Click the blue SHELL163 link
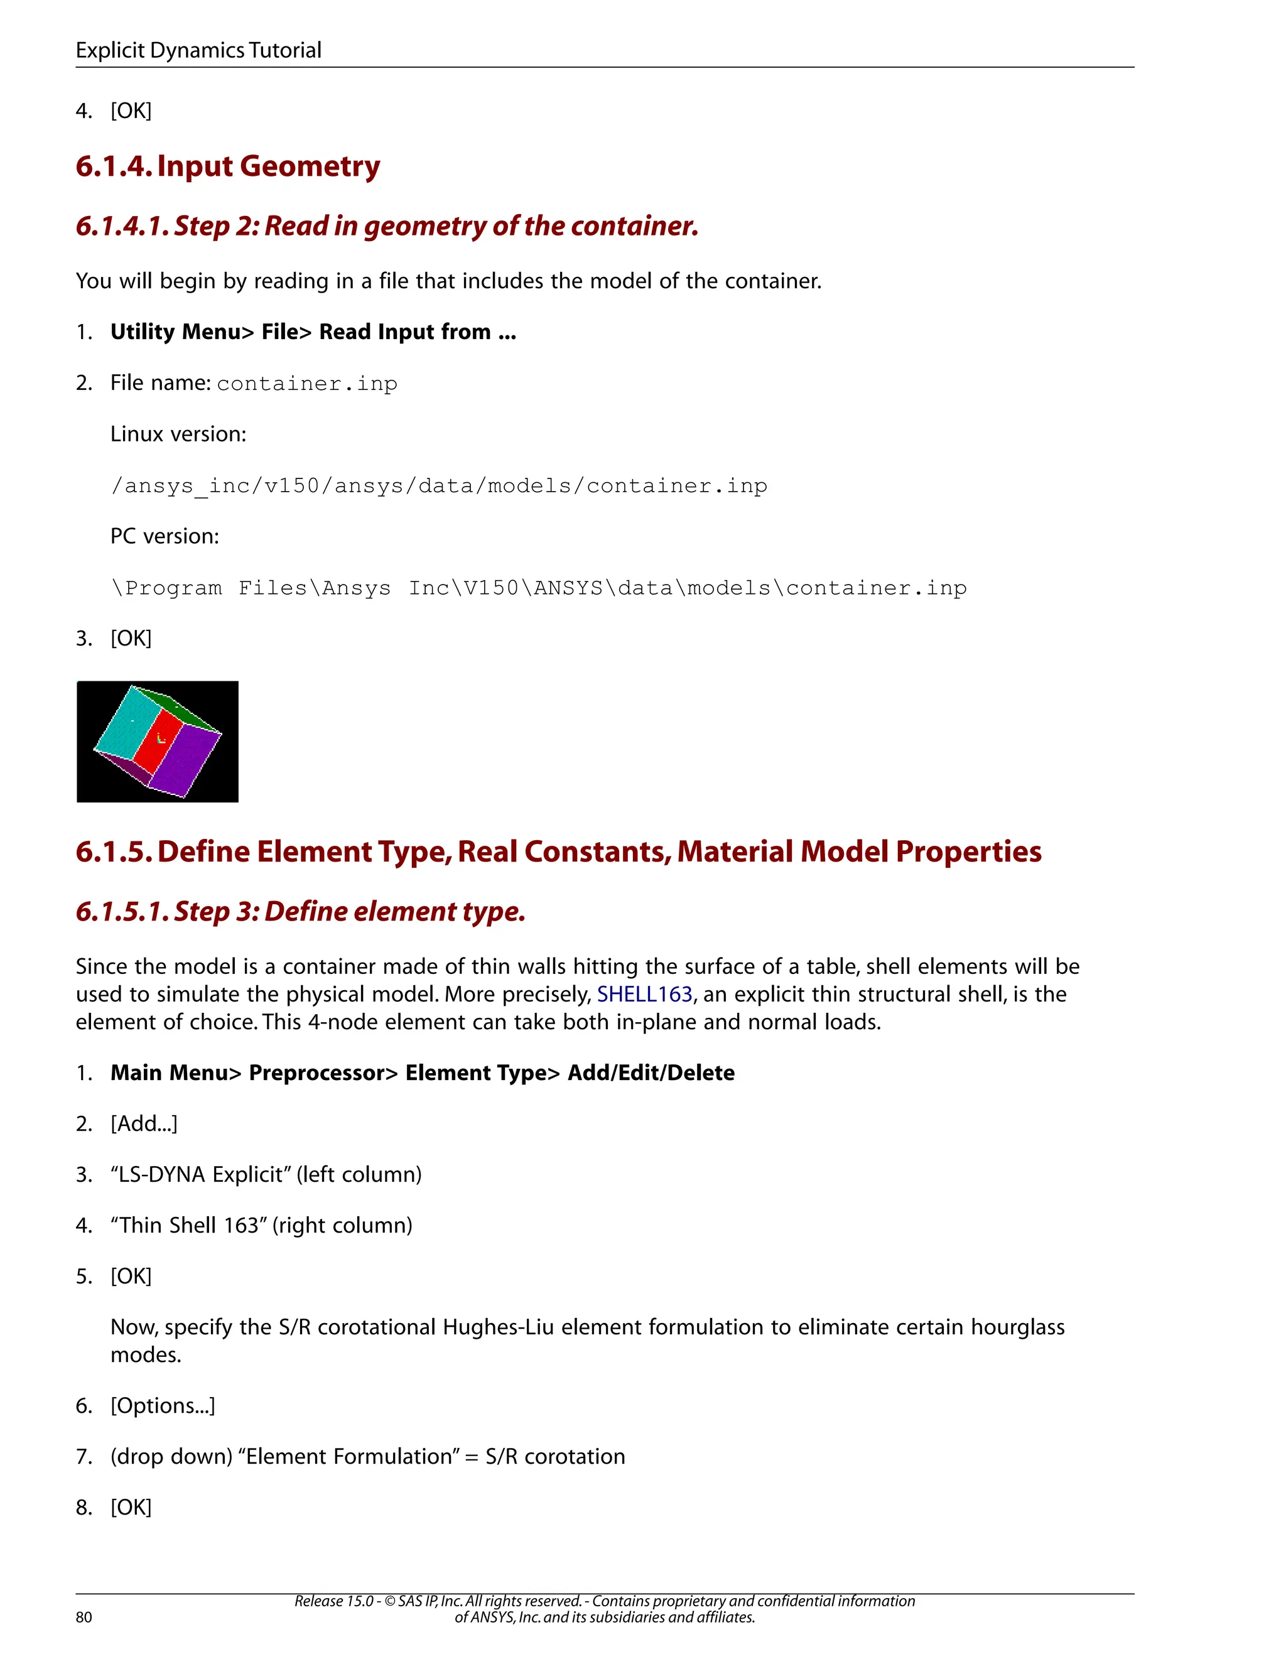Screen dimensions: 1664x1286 pyautogui.click(x=644, y=994)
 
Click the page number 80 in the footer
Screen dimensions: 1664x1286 pyautogui.click(x=84, y=1618)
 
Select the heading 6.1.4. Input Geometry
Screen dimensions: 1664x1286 pyautogui.click(x=228, y=166)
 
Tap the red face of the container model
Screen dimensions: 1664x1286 pyautogui.click(x=158, y=739)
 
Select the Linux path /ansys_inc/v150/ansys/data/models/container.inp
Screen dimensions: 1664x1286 pyautogui.click(x=439, y=485)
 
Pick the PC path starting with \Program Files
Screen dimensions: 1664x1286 pyautogui.click(x=539, y=588)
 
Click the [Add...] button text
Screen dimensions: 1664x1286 pyautogui.click(x=144, y=1123)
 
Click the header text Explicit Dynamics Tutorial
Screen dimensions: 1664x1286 pyautogui.click(x=198, y=50)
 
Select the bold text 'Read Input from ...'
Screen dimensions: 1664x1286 pyautogui.click(x=418, y=332)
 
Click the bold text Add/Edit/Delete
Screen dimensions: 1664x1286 pyautogui.click(x=651, y=1072)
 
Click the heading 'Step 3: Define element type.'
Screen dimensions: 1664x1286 pyautogui.click(x=350, y=911)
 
